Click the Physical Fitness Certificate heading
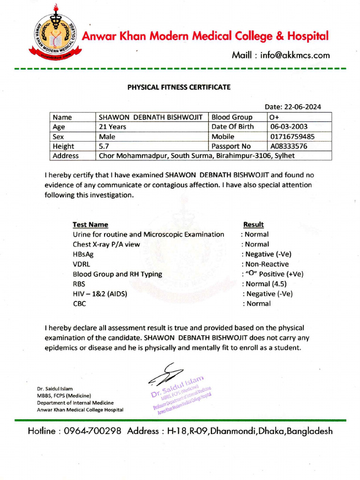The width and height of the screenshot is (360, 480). click(x=180, y=87)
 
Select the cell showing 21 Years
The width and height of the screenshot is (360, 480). click(x=112, y=127)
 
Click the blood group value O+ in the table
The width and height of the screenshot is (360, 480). click(x=274, y=117)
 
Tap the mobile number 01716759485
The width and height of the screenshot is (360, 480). click(x=292, y=136)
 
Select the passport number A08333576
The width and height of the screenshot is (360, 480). click(x=289, y=146)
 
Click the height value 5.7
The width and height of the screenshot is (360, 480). click(x=104, y=146)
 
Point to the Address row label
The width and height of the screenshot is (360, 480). click(x=66, y=156)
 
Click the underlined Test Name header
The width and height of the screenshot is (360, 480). click(x=90, y=225)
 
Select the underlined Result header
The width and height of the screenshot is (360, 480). click(x=254, y=225)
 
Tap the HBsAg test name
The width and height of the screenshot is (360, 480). click(x=83, y=254)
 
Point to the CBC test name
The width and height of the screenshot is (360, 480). click(x=80, y=303)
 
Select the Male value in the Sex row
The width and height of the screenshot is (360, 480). click(x=107, y=136)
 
